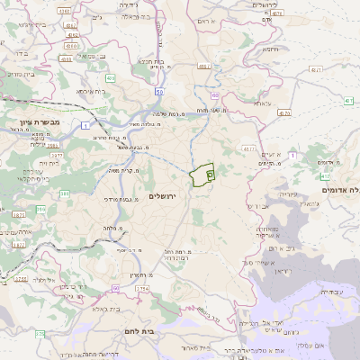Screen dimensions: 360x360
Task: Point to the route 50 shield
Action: coord(158,92)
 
